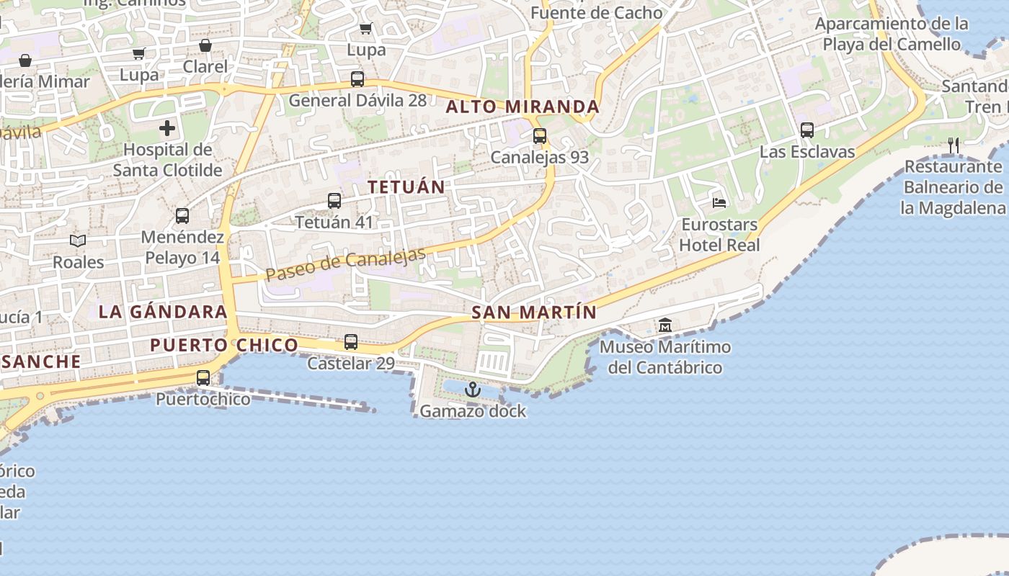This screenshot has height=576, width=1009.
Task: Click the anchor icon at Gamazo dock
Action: [x=472, y=390]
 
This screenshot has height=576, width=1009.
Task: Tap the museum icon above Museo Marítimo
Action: [x=665, y=325]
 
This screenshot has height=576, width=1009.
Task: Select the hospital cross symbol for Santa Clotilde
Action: [x=167, y=129]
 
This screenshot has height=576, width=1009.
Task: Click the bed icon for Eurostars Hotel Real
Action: [x=719, y=202]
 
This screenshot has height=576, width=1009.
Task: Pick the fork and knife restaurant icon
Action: [x=954, y=145]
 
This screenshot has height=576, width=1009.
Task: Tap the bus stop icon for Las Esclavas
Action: [x=807, y=130]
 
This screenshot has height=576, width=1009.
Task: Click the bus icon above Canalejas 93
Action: [x=539, y=135]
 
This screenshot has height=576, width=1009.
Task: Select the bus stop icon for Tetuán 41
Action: [x=334, y=201]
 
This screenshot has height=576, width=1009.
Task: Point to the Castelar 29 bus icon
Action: [x=351, y=342]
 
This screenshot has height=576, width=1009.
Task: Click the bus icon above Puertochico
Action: [x=203, y=378]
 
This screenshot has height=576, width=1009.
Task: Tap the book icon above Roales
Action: [x=78, y=240]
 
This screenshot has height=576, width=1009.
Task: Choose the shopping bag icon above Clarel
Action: [x=205, y=45]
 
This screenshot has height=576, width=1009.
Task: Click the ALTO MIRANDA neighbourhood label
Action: [x=523, y=107]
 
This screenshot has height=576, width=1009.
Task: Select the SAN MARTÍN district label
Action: [x=534, y=312]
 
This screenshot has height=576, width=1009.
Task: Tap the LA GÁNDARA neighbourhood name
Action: [x=163, y=312]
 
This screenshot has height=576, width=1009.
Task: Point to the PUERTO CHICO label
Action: [x=224, y=346]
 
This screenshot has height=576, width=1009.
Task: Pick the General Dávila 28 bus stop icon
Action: [x=357, y=79]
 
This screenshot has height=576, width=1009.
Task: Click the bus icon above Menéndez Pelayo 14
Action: [x=182, y=215]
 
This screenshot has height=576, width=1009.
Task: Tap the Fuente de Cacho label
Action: [x=596, y=13]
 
